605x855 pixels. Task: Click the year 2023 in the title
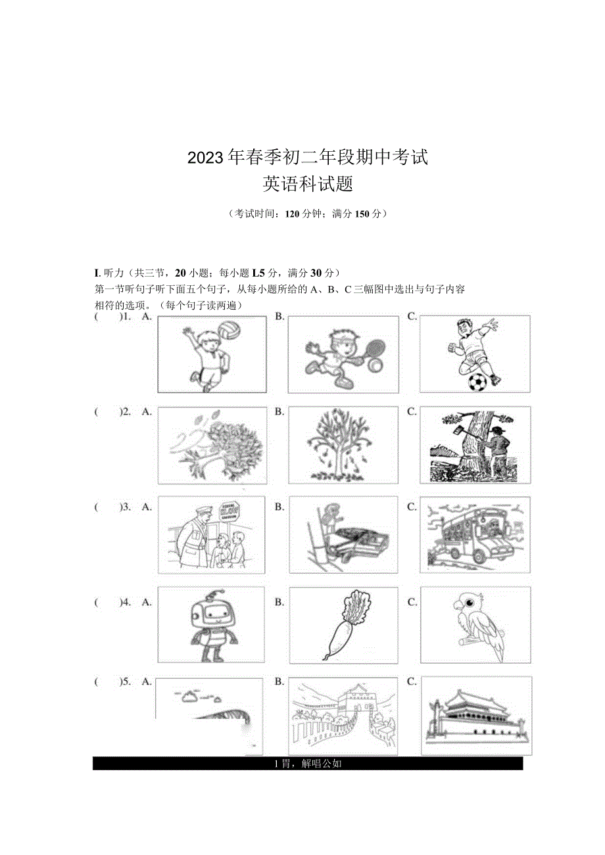pyautogui.click(x=206, y=158)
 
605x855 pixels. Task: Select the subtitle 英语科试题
pyautogui.click(x=308, y=185)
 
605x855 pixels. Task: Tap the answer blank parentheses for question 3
pyautogui.click(x=106, y=507)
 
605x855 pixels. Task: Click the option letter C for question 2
pyautogui.click(x=412, y=411)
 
